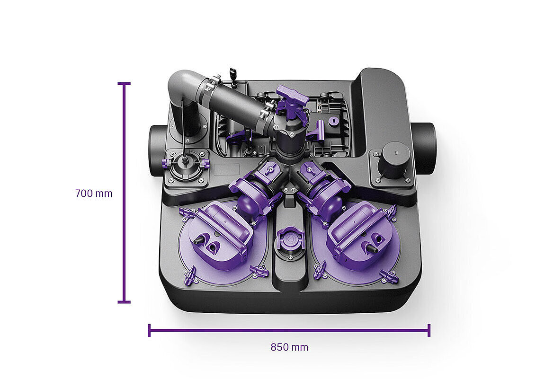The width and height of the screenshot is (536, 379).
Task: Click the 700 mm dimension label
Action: coord(94,193)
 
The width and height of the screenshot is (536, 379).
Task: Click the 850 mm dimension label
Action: coord(289,347)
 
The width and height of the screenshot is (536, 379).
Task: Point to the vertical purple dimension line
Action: coord(124,193)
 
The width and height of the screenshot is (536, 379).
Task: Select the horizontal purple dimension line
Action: coord(289,330)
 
